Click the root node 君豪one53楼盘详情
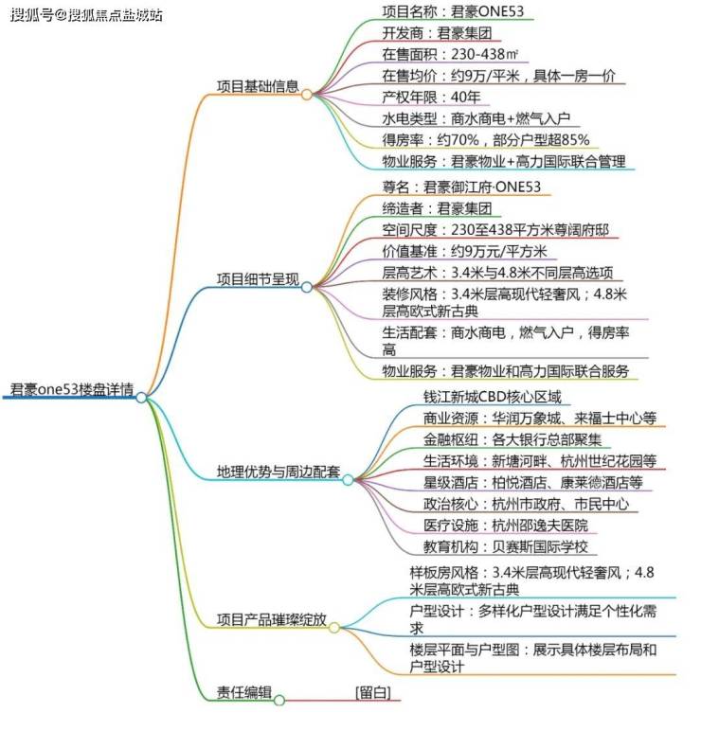point(72,389)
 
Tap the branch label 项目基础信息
point(258,86)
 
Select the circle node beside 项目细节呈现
point(306,287)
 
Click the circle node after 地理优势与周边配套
point(348,480)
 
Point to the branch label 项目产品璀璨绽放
point(272,619)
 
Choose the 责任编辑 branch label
point(243,692)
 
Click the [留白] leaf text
point(373,692)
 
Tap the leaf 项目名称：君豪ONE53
point(453,11)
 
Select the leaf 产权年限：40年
point(431,97)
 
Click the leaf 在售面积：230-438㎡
point(450,54)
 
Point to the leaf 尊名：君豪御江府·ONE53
point(461,187)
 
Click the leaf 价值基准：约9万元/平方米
point(464,251)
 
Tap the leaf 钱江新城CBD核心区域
point(492,397)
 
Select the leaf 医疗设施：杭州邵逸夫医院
point(506,526)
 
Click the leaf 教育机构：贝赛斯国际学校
point(506,547)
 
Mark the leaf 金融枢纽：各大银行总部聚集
point(512,439)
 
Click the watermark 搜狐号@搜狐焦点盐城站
point(86,15)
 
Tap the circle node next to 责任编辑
point(279,701)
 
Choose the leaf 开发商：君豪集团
point(437,33)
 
